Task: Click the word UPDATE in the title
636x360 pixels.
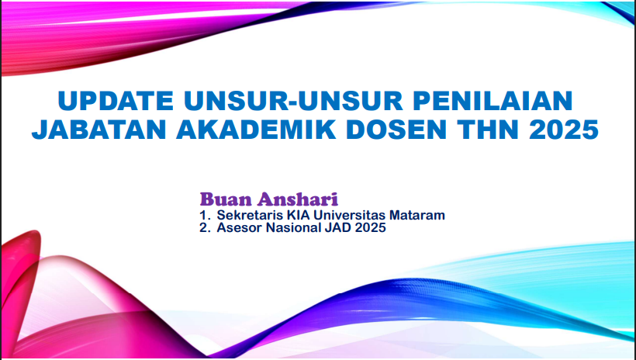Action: pos(116,101)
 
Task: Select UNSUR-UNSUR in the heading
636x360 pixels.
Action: pos(293,101)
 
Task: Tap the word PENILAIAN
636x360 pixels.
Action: pos(493,101)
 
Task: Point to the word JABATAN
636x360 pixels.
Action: pos(99,130)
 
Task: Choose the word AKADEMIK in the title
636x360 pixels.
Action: pos(256,130)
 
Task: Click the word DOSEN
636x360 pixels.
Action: pos(396,130)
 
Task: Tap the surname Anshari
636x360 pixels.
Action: pos(297,199)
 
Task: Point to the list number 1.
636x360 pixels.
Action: pos(204,215)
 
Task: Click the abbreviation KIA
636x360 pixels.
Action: pos(288,215)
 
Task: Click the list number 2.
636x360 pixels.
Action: pos(205,227)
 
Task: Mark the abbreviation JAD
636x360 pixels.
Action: pos(338,227)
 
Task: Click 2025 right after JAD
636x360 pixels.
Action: pos(370,227)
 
